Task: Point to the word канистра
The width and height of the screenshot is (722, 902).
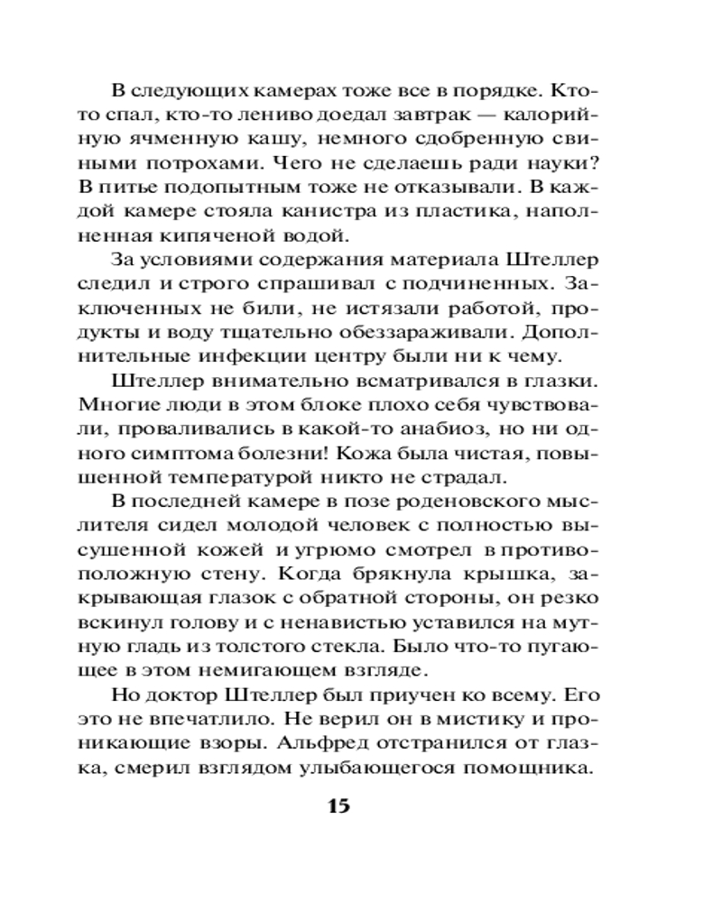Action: (330, 213)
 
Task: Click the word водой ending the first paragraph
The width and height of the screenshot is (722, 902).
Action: (316, 237)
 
